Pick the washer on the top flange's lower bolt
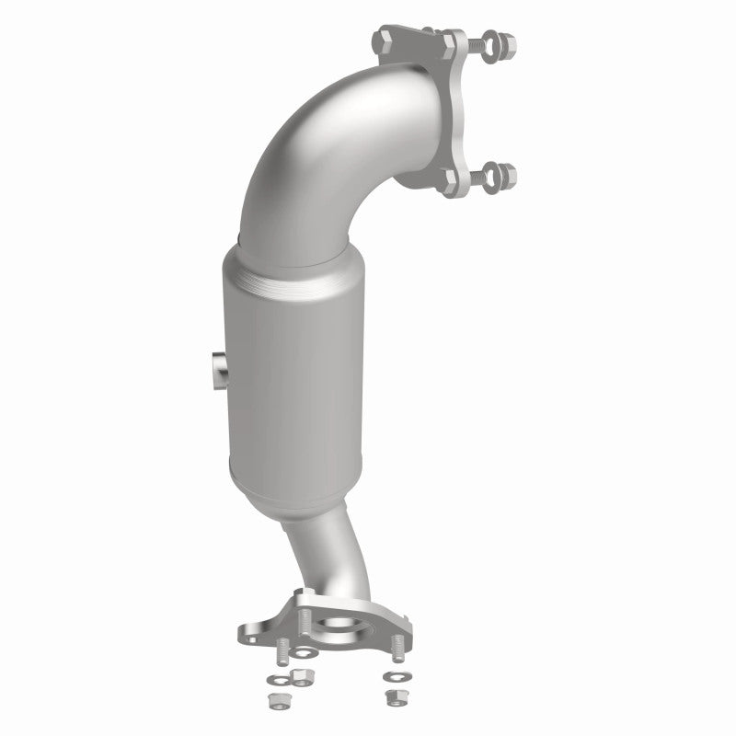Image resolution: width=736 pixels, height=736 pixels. (x=489, y=172)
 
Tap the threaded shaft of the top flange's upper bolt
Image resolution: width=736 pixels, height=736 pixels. (x=471, y=41)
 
